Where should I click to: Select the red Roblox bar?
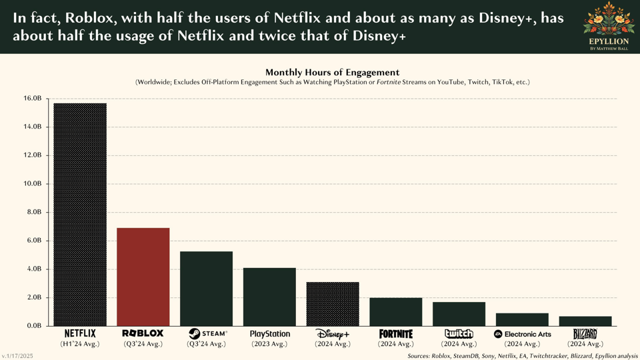point(143,277)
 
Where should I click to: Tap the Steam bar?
point(207,289)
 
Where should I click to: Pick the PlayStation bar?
point(269,297)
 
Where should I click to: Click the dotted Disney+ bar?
point(333,304)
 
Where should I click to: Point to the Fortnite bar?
point(396,312)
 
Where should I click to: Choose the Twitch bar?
point(459,314)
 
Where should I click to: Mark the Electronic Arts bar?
point(522,319)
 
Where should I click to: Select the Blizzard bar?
point(585,321)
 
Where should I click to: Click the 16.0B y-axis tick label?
point(33,99)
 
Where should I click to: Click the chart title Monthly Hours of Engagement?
point(332,72)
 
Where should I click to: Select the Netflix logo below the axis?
point(80,333)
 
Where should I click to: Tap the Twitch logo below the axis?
point(459,333)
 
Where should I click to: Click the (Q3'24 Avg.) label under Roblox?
point(143,344)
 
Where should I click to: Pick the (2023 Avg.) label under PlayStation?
point(269,344)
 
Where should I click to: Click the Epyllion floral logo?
point(608,19)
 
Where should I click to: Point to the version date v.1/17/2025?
point(17,356)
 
